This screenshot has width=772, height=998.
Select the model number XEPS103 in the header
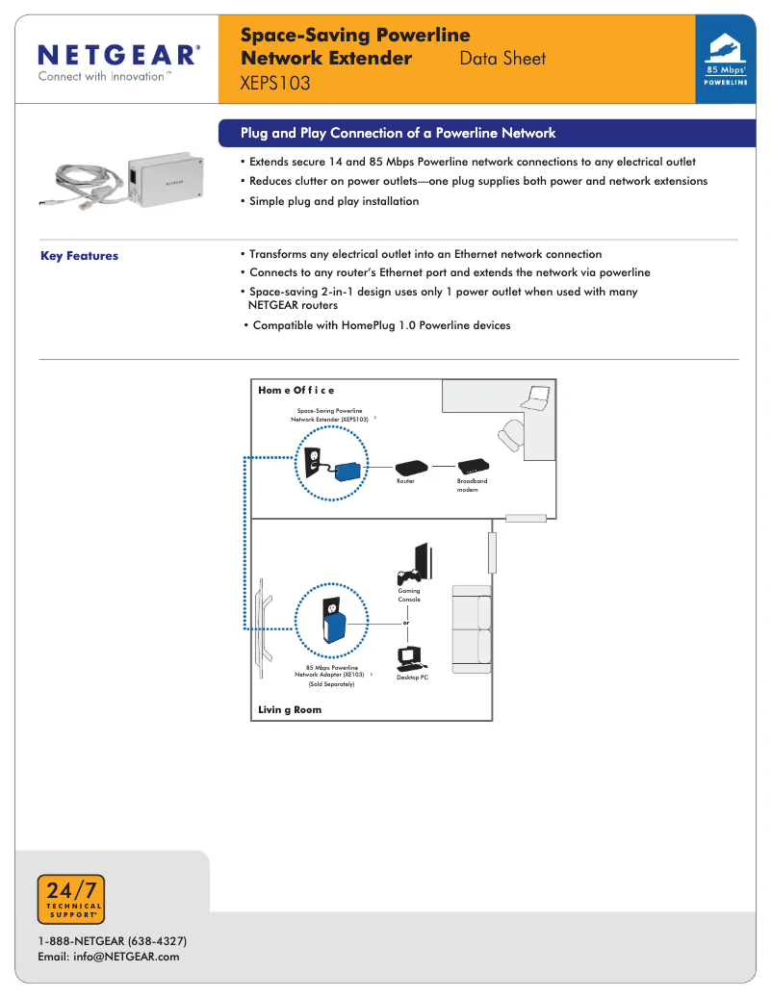point(275,84)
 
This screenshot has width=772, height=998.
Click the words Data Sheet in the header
point(502,59)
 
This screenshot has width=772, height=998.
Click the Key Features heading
point(79,256)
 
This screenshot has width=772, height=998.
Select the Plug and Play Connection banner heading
point(398,134)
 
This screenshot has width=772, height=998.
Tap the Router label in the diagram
point(405,481)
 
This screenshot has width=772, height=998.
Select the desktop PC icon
point(411,658)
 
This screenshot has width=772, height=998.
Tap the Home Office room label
point(296,390)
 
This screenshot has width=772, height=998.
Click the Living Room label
point(290,709)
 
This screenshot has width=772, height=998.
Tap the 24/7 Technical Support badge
point(70,899)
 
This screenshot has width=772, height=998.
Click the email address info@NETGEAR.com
point(109,957)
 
